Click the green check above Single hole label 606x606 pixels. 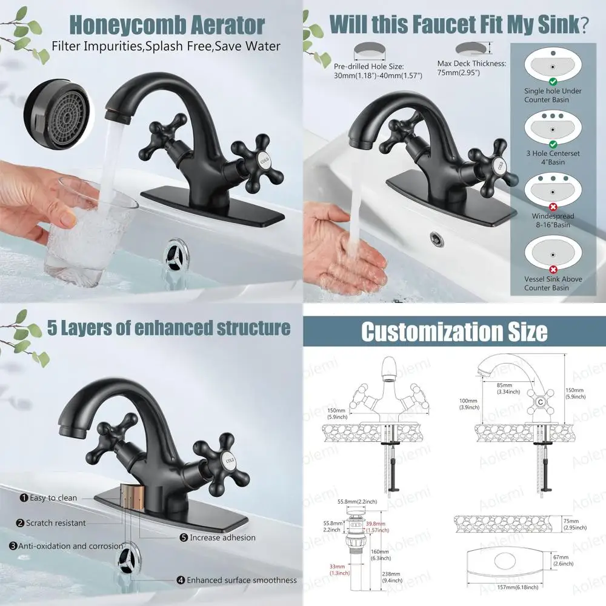point(552,81)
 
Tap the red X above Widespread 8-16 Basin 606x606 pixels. point(552,206)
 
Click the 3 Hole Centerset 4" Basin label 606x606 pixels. point(553,158)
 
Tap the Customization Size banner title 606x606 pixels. point(454,331)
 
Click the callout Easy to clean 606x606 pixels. point(49,498)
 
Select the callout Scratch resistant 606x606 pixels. point(52,523)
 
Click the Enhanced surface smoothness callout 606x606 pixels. point(237,580)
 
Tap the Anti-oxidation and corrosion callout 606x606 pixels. point(66,545)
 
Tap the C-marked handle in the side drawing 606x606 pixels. point(538,401)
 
